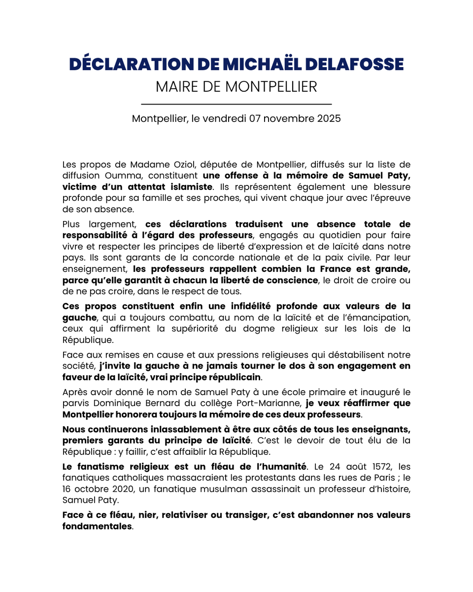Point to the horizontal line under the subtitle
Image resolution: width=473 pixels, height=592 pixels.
pyautogui.click(x=236, y=105)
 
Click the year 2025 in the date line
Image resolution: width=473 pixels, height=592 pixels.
pyautogui.click(x=328, y=119)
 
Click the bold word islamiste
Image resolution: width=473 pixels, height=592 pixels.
pyautogui.click(x=188, y=187)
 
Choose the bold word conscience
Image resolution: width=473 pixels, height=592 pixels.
pyautogui.click(x=293, y=281)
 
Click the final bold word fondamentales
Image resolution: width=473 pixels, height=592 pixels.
pyautogui.click(x=97, y=526)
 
